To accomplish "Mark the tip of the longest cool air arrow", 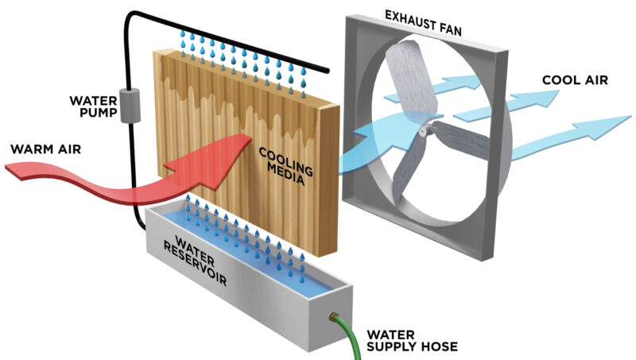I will [628, 118].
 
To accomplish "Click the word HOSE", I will [442, 347].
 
